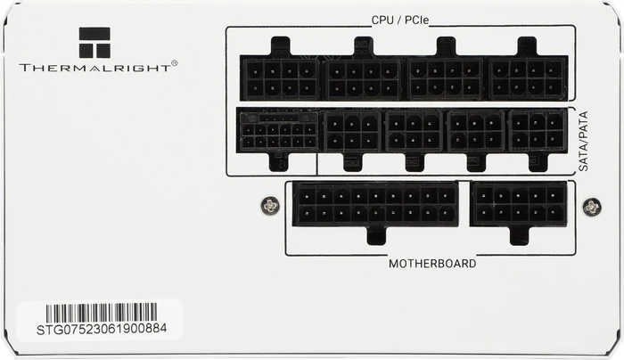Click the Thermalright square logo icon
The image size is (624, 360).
(x=94, y=43)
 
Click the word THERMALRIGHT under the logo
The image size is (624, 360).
(x=94, y=68)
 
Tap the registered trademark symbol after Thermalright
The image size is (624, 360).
(x=175, y=63)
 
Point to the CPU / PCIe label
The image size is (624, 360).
(x=400, y=20)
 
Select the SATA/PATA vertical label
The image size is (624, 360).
(x=583, y=141)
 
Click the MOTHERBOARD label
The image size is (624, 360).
(x=432, y=264)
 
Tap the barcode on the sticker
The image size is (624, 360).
(x=101, y=313)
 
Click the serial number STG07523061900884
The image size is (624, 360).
(x=102, y=330)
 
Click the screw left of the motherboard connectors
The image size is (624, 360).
(x=270, y=206)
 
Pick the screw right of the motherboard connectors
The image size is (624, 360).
(x=592, y=207)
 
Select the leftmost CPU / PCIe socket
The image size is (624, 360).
(x=281, y=78)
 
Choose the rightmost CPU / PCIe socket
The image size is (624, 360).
(x=528, y=78)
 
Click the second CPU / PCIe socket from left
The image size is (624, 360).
(x=363, y=78)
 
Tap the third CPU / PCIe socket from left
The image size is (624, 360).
(x=446, y=78)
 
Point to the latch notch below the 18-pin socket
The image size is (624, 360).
(x=376, y=235)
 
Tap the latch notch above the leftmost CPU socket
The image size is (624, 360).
(x=281, y=46)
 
